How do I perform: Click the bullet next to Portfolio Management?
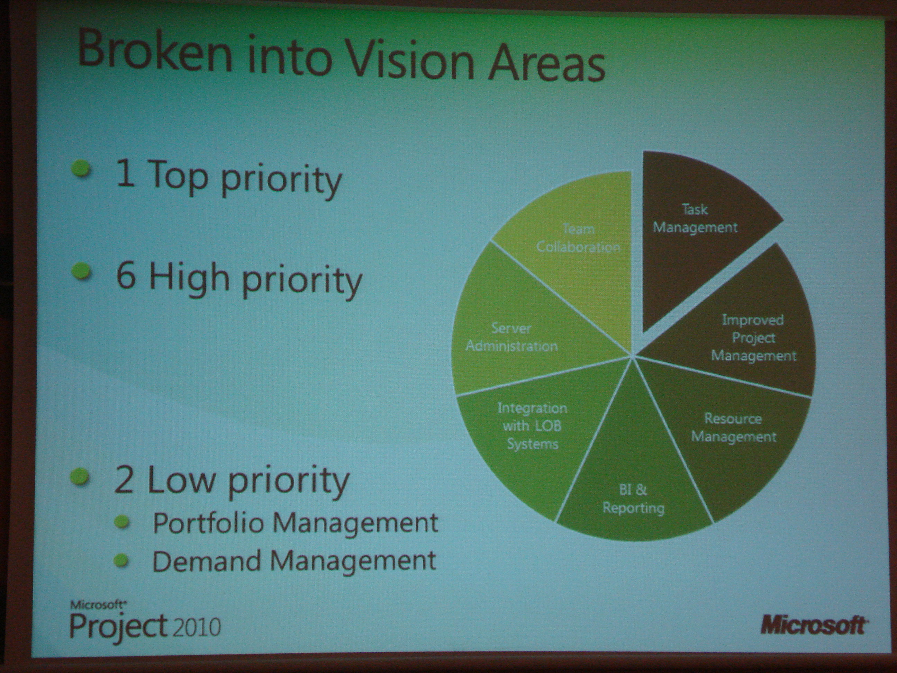(x=122, y=522)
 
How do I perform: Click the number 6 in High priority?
(x=126, y=276)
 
